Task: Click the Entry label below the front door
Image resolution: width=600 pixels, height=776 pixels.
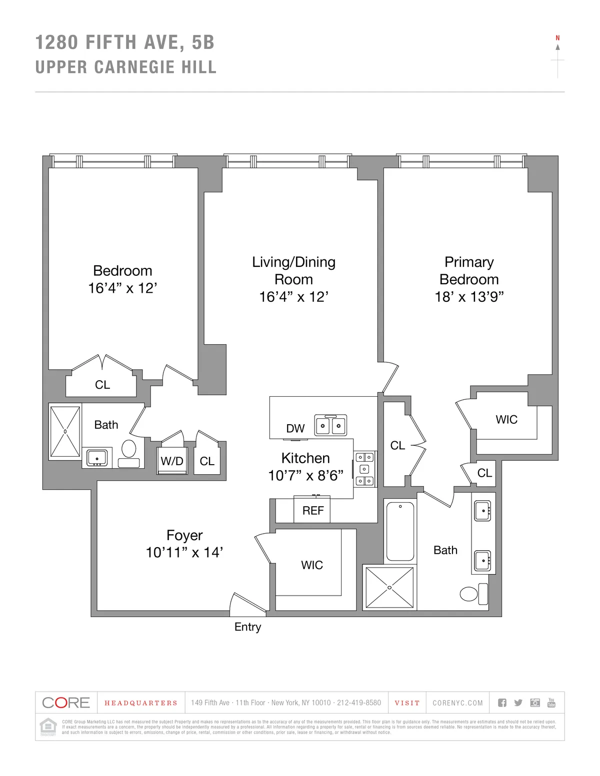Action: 247,627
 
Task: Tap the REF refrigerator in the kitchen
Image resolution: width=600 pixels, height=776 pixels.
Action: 312,510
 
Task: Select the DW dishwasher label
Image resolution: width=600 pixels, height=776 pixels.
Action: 295,428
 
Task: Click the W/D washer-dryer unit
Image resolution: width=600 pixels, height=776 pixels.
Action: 171,461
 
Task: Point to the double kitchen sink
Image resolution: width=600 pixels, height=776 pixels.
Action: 330,426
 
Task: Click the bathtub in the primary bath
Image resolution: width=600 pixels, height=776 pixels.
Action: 400,531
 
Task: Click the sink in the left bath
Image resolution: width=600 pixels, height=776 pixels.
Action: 96,458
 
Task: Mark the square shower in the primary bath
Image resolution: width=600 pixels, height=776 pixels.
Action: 389,588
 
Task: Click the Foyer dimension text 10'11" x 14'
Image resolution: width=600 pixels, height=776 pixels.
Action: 184,552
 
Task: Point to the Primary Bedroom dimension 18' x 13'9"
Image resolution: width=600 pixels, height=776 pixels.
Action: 468,297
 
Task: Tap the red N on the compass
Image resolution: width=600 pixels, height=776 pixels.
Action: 557,38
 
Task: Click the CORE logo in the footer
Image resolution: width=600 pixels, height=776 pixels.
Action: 66,703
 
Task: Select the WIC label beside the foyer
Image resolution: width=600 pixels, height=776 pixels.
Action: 311,565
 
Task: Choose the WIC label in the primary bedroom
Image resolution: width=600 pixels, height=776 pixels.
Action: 506,419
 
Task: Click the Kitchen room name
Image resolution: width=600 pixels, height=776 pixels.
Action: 305,458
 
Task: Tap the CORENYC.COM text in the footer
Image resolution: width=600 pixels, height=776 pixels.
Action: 457,703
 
